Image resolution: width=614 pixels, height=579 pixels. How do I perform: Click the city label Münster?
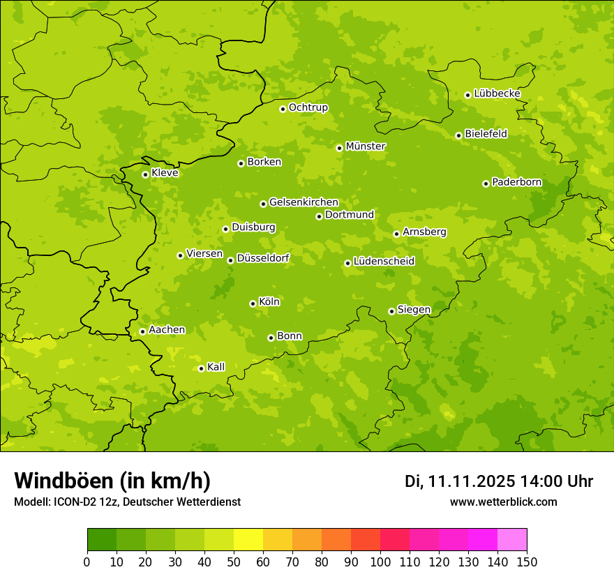click(x=366, y=146)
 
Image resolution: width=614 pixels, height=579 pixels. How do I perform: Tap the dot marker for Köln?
click(x=253, y=303)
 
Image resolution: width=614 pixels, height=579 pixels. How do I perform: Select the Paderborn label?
click(x=517, y=182)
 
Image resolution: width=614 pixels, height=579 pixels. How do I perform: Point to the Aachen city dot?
click(x=142, y=331)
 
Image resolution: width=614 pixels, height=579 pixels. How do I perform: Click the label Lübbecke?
click(x=497, y=93)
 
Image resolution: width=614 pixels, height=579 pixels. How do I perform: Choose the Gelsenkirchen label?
click(x=304, y=202)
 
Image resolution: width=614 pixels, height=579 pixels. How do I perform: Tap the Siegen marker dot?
click(x=391, y=311)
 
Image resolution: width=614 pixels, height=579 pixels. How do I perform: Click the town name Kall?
click(x=216, y=367)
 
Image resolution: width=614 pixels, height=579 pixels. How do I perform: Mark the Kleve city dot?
click(x=145, y=174)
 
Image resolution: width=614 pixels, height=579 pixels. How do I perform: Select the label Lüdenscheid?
click(x=384, y=262)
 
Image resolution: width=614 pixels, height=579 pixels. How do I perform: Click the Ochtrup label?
click(x=308, y=107)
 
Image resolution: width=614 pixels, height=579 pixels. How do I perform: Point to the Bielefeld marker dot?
click(x=458, y=135)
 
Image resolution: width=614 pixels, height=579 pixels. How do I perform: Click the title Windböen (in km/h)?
click(x=112, y=481)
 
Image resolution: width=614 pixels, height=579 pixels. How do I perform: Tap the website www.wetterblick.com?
click(x=504, y=502)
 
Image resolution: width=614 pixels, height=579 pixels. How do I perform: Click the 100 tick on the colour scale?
click(x=380, y=562)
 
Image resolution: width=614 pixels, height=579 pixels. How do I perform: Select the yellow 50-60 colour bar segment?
click(x=248, y=540)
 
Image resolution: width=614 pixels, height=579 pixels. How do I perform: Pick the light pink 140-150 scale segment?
click(x=512, y=540)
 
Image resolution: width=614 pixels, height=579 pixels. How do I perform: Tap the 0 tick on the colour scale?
click(x=87, y=562)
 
